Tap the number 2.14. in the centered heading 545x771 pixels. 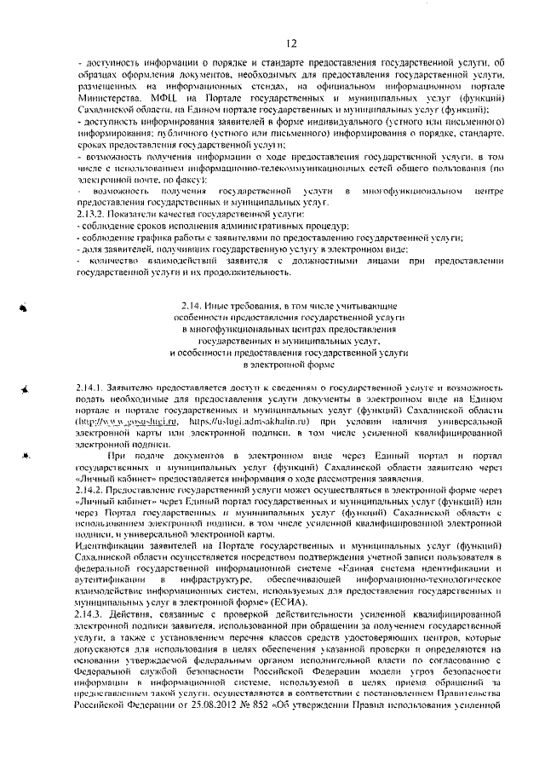pos(193,305)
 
